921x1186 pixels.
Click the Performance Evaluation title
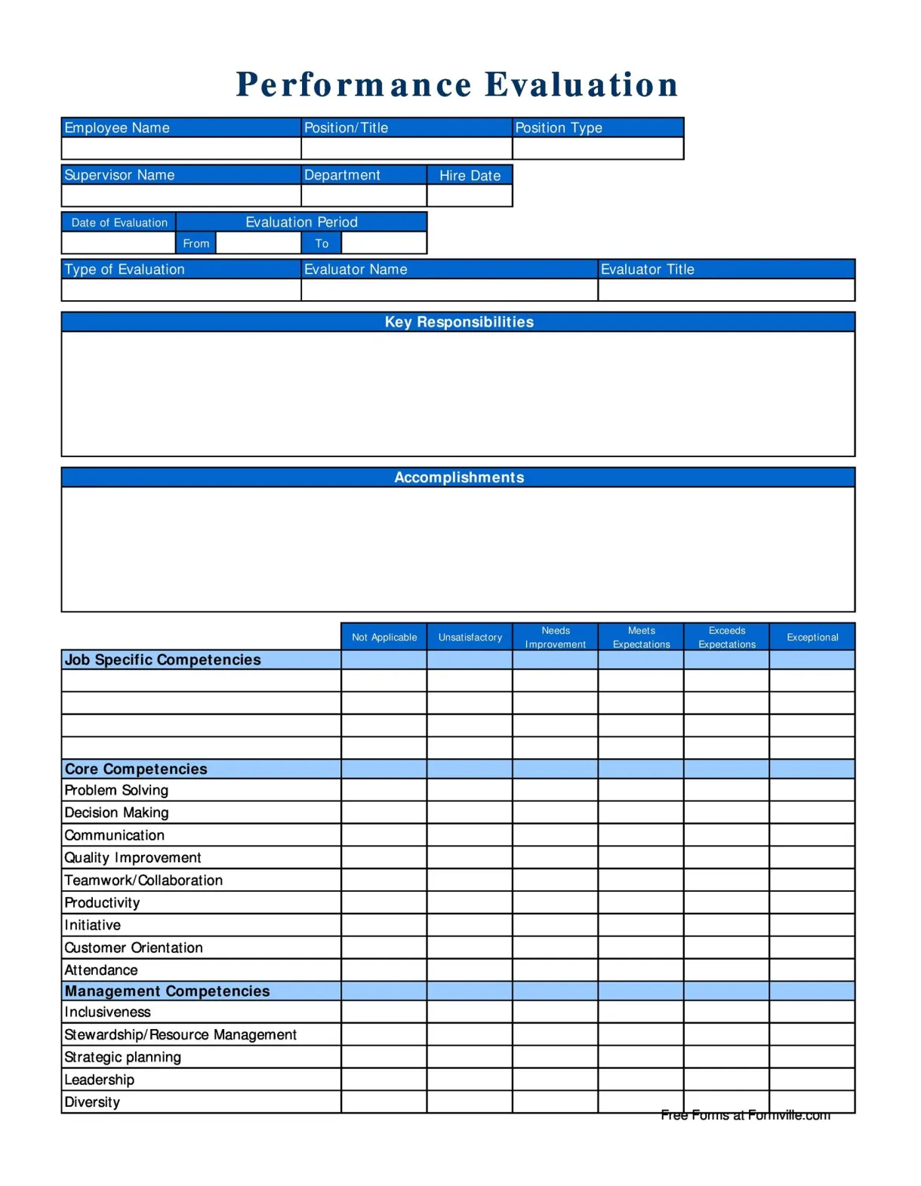click(x=457, y=84)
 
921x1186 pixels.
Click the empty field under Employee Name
click(x=181, y=149)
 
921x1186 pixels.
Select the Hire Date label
click(x=470, y=176)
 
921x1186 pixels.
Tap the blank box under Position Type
click(x=598, y=149)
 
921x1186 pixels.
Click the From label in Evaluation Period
click(x=196, y=244)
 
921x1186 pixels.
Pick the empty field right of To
click(x=383, y=243)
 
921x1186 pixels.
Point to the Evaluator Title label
click(x=647, y=269)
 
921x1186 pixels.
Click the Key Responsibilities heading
click(x=458, y=322)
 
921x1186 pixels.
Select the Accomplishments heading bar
click(x=458, y=478)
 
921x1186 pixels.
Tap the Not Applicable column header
click(x=383, y=638)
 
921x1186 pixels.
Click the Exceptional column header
click(x=812, y=638)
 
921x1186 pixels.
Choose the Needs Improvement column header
click(x=555, y=638)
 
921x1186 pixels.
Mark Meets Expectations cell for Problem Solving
click(x=640, y=790)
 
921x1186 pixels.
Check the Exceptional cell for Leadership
click(x=812, y=1080)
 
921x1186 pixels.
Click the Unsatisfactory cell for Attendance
click(x=470, y=970)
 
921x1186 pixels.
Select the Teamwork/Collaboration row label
click(x=143, y=880)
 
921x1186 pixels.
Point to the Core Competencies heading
click(x=136, y=770)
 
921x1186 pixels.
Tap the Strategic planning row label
click(x=122, y=1057)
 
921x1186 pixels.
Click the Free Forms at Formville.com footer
click(x=745, y=1115)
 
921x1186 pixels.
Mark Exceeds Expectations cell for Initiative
click(x=726, y=925)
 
